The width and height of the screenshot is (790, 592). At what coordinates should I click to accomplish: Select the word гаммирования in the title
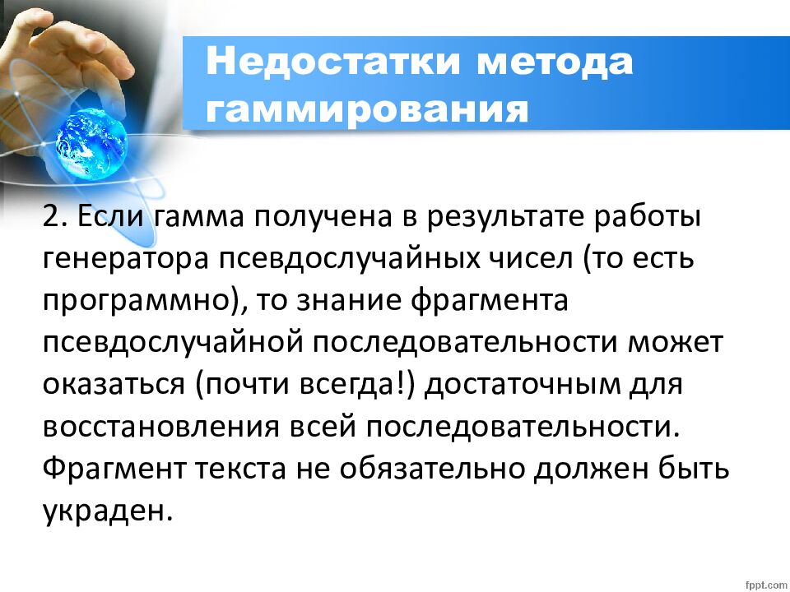pyautogui.click(x=367, y=109)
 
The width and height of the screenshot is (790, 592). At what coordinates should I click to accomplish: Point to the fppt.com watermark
pyautogui.click(x=764, y=582)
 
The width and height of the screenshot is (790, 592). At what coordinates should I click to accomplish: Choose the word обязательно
pyautogui.click(x=427, y=469)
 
